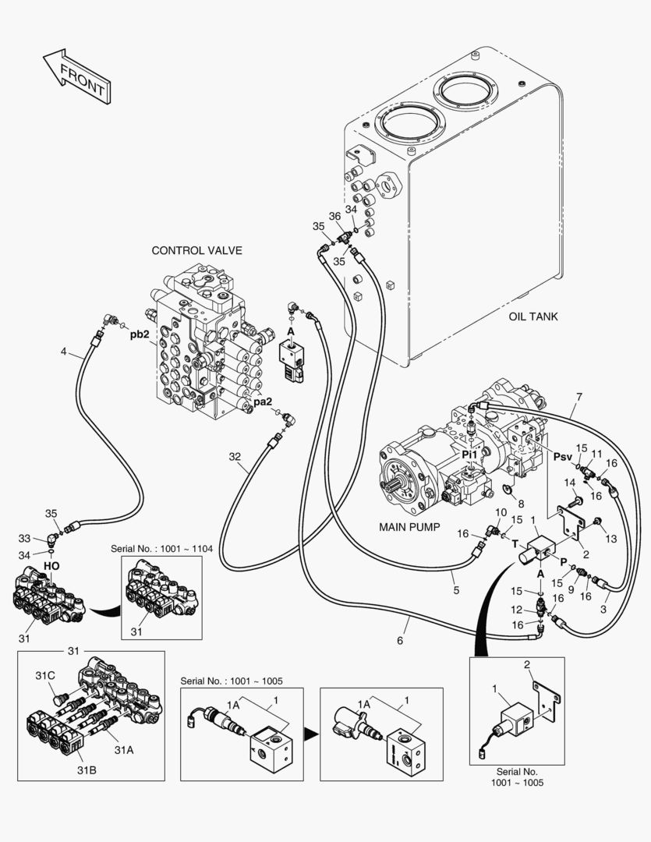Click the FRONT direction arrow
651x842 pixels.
[x=76, y=76]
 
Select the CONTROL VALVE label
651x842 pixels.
[x=196, y=250]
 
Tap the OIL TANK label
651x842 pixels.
[x=533, y=317]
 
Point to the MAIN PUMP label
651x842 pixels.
[x=410, y=527]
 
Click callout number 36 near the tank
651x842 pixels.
[x=334, y=216]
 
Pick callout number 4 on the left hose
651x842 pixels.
[x=63, y=352]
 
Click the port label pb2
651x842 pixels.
[x=140, y=335]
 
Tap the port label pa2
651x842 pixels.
[x=263, y=402]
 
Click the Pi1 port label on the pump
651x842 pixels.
[x=469, y=454]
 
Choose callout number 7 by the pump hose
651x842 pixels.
[x=578, y=397]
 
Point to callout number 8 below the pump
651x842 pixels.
[x=521, y=504]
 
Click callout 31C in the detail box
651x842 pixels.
[x=45, y=676]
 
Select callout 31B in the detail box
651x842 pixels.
[x=87, y=770]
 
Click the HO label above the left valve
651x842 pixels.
[x=51, y=565]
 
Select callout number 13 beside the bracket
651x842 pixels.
[x=610, y=539]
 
